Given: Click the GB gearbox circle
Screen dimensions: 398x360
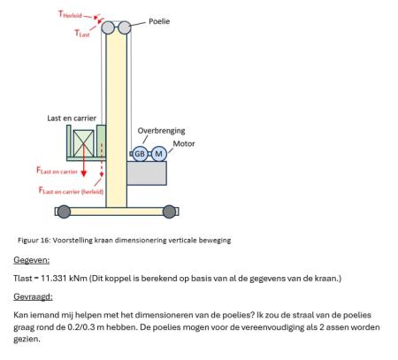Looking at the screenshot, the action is (x=140, y=154).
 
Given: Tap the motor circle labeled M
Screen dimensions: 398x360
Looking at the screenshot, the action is (x=159, y=154).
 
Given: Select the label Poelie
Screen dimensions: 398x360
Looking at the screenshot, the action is (x=159, y=21).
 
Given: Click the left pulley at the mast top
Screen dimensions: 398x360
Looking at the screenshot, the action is (x=108, y=27).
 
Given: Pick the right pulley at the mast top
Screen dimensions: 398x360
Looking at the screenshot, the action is (x=125, y=27).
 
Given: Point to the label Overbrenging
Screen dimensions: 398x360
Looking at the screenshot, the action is (x=161, y=131).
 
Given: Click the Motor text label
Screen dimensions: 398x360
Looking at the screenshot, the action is (x=184, y=144).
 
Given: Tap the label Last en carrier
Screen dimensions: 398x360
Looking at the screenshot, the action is (x=72, y=119).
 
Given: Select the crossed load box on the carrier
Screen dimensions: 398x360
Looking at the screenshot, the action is (x=84, y=143).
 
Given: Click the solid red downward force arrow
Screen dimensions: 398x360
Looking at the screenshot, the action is (x=84, y=160).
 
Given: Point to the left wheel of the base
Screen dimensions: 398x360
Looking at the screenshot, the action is (x=64, y=211).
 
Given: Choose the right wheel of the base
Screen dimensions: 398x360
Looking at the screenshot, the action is (x=169, y=211).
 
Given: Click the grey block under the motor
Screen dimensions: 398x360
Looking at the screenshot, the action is (x=147, y=173).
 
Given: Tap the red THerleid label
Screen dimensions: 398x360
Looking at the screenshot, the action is (x=70, y=14).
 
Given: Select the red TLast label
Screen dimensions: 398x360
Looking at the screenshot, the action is (x=82, y=34).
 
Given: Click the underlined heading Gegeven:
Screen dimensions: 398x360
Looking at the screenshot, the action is (x=32, y=260).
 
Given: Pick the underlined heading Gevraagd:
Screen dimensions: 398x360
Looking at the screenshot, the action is (x=33, y=296).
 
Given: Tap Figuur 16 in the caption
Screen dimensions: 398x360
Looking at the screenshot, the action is (x=34, y=241).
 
